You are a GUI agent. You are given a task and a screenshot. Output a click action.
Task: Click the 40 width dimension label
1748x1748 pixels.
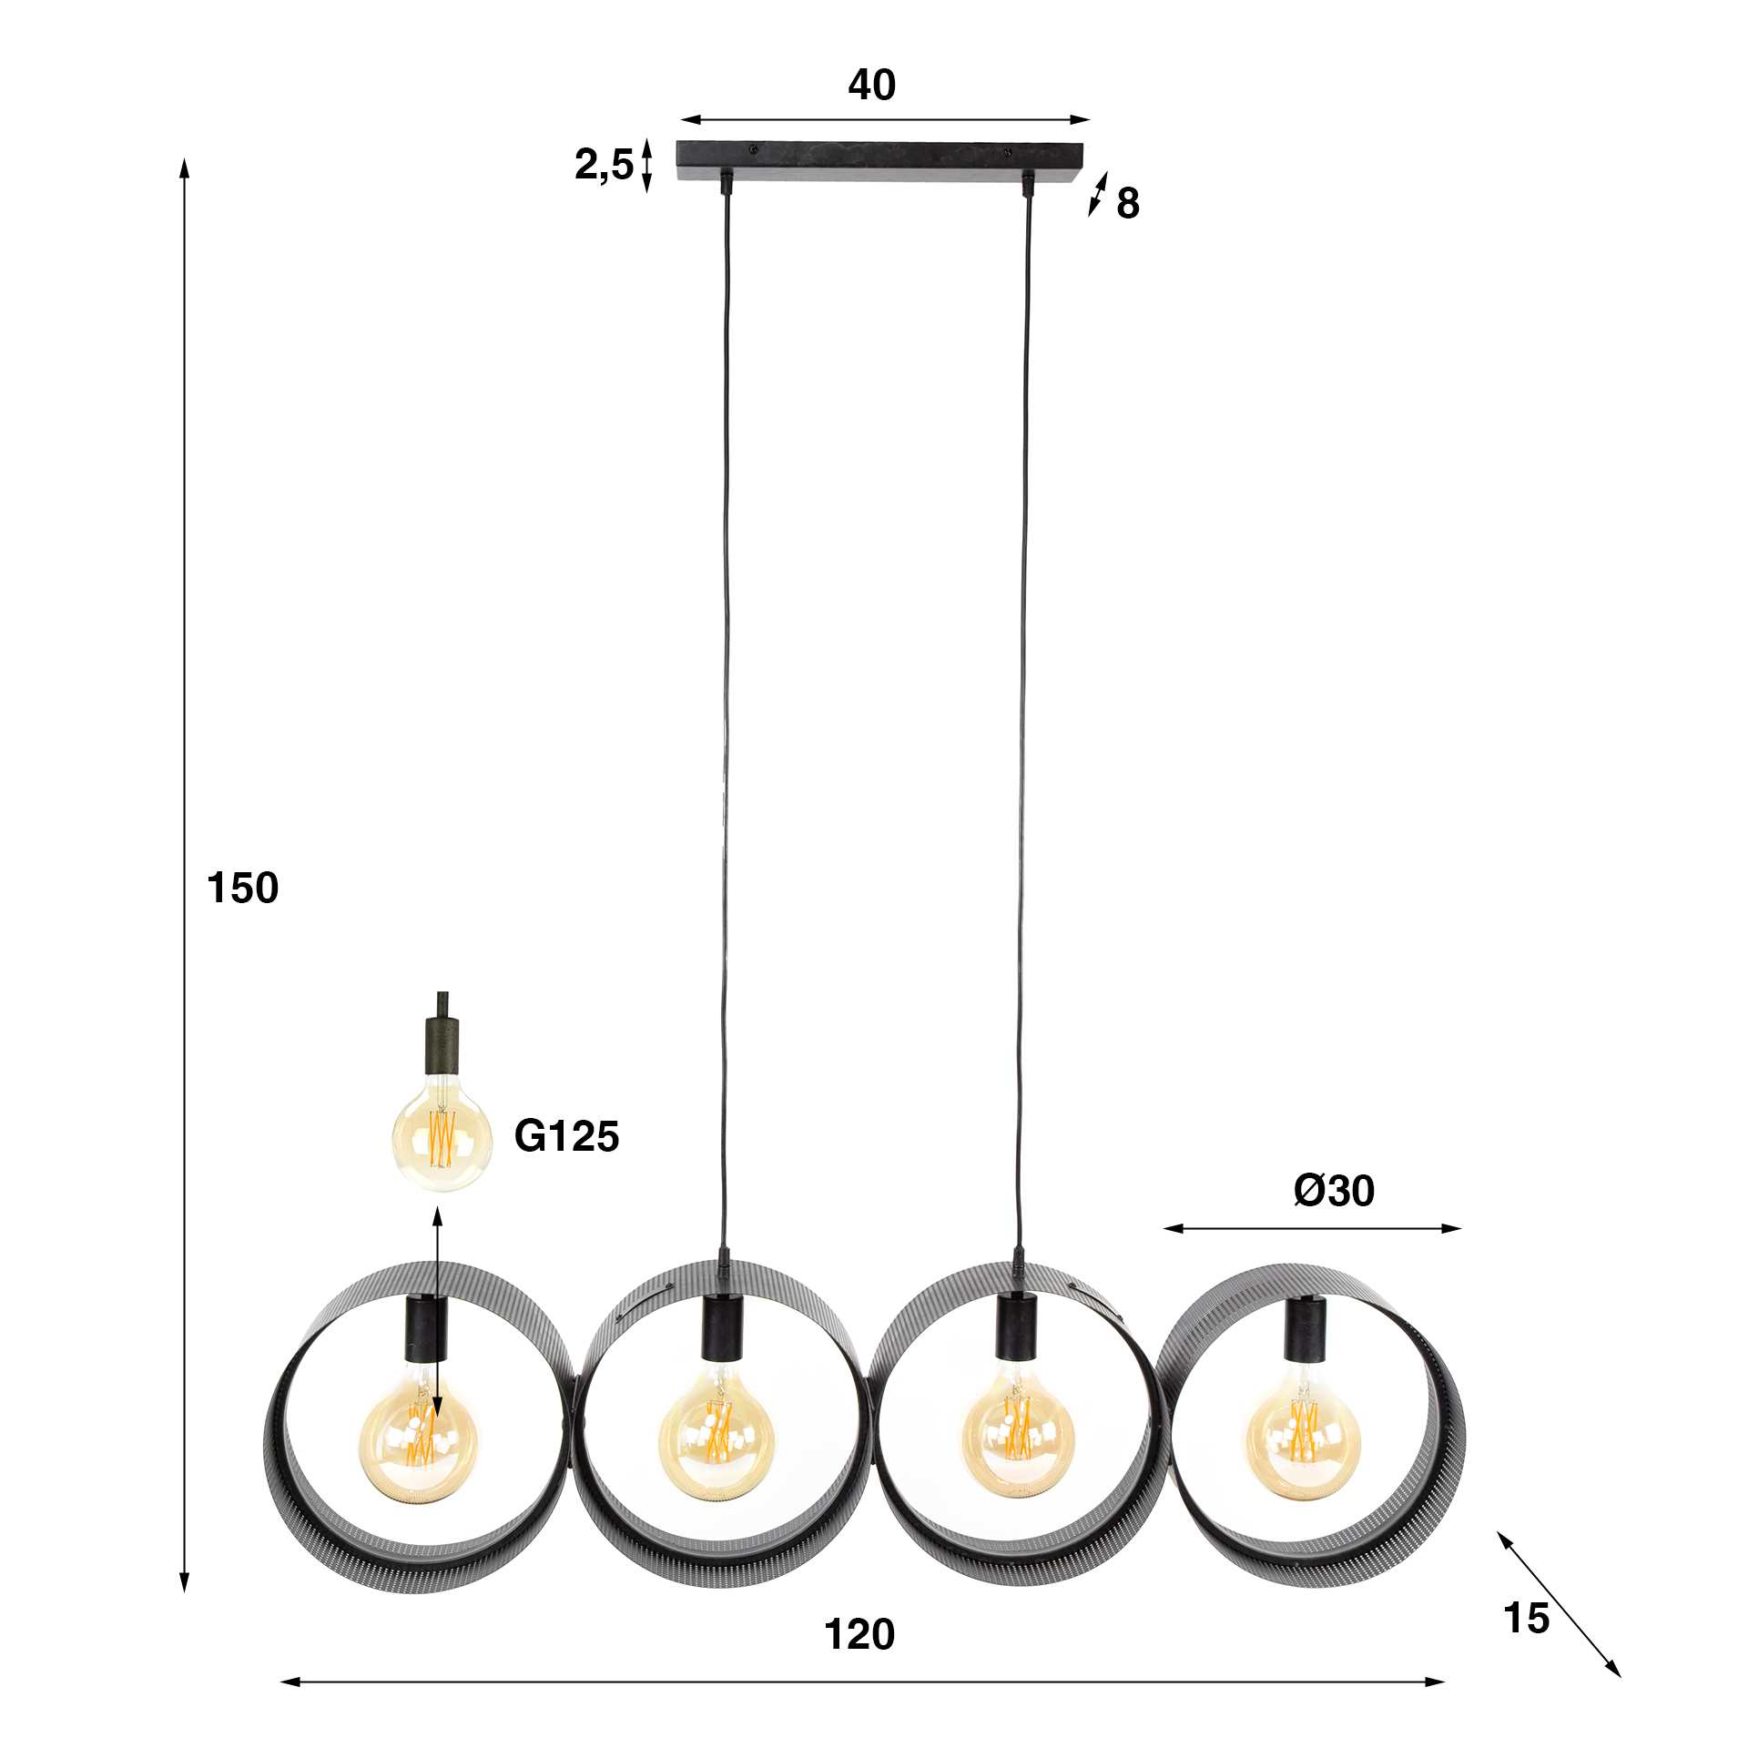click(x=871, y=85)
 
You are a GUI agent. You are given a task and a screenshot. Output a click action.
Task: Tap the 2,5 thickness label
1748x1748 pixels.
click(x=604, y=165)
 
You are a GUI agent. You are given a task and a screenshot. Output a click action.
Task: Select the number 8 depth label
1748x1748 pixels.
click(x=1127, y=203)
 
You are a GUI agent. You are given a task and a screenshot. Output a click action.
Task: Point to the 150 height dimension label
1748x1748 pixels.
click(x=242, y=888)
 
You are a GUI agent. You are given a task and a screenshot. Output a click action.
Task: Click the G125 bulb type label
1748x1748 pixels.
click(x=566, y=1136)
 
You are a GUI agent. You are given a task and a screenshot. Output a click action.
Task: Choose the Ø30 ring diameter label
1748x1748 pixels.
click(x=1334, y=1191)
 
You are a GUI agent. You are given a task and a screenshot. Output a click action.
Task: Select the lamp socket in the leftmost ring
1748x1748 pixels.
click(x=426, y=1330)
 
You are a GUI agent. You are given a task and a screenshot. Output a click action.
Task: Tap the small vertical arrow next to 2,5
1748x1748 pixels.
click(x=647, y=165)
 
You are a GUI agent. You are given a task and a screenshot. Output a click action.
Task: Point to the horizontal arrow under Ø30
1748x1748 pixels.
click(x=1312, y=1228)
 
